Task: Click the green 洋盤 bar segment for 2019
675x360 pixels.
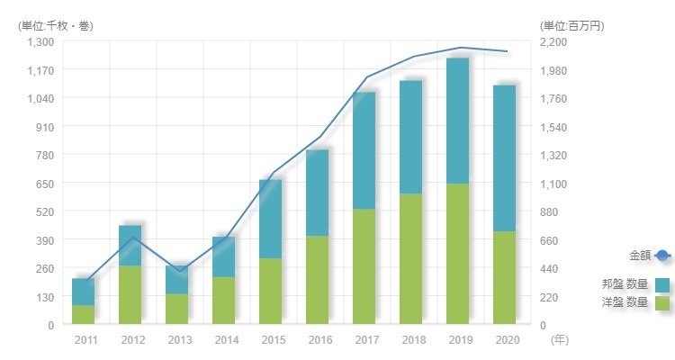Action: click(458, 254)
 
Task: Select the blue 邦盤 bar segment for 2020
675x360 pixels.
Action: click(505, 158)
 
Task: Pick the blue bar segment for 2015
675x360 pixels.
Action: click(271, 220)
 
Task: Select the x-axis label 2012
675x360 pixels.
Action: click(133, 339)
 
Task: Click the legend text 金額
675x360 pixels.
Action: click(639, 256)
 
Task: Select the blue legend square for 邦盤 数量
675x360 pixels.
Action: click(663, 284)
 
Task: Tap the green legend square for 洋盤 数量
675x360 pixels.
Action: click(663, 303)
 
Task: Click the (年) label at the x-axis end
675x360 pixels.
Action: click(560, 339)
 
